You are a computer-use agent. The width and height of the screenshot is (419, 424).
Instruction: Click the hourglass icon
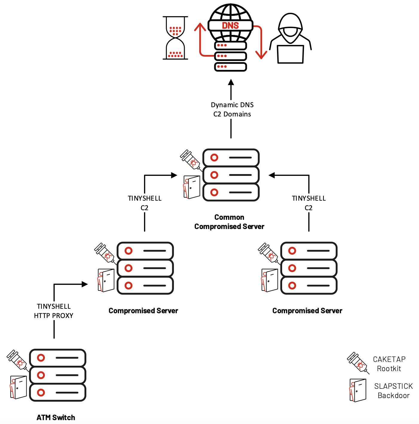tap(175, 38)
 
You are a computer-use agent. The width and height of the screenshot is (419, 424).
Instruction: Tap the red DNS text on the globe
tap(230, 26)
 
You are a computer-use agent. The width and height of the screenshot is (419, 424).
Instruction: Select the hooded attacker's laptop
tap(290, 54)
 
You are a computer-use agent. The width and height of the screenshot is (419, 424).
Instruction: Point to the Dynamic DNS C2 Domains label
tap(232, 110)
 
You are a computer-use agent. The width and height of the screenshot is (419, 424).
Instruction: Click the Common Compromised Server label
tap(229, 222)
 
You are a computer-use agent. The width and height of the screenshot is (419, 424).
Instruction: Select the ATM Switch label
tap(56, 417)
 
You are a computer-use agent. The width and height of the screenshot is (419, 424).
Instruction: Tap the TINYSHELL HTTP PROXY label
tap(54, 311)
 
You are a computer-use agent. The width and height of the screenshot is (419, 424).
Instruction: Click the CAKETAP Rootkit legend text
tap(389, 364)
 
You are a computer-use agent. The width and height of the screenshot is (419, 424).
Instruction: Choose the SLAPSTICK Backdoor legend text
tap(393, 391)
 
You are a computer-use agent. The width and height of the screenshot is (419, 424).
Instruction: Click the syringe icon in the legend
tap(358, 362)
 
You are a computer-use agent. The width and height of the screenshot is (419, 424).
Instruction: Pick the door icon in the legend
tap(358, 390)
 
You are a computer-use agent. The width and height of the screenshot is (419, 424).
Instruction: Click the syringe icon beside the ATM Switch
tap(18, 360)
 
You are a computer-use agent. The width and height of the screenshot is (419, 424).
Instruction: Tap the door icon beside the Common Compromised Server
tap(192, 187)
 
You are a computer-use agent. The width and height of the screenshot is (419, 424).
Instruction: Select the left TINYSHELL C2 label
tap(145, 203)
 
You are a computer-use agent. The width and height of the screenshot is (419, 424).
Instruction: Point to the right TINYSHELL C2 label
tap(309, 203)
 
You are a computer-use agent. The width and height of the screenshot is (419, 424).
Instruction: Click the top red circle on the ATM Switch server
tap(41, 358)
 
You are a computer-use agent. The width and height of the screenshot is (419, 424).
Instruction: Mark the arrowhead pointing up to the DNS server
tap(231, 82)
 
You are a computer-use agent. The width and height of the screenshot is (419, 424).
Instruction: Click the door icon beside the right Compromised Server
tap(270, 280)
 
